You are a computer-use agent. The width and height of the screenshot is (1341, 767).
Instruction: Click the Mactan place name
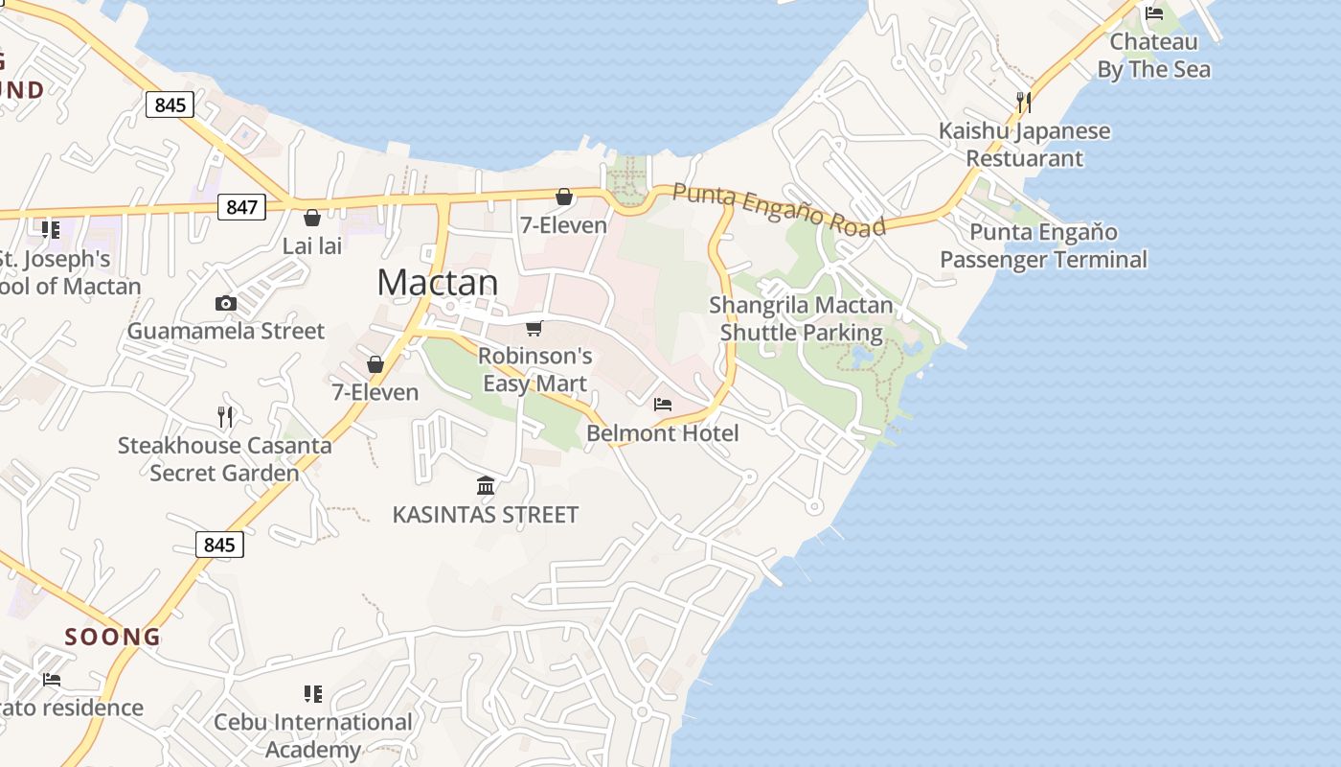click(437, 283)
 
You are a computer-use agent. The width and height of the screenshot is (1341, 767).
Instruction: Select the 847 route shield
click(240, 206)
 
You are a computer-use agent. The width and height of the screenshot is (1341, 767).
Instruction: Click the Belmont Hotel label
click(663, 433)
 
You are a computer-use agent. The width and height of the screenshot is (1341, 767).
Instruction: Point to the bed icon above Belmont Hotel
click(663, 405)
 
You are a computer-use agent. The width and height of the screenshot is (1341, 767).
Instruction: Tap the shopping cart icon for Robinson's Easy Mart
click(534, 329)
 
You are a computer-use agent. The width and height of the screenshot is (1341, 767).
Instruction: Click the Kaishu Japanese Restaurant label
click(1024, 145)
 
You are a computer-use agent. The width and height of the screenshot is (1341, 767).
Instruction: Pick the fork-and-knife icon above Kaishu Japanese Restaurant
click(1024, 102)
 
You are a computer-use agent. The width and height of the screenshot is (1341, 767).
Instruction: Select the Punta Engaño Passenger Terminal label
click(1043, 245)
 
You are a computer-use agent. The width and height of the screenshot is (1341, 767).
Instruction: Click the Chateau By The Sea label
click(1153, 56)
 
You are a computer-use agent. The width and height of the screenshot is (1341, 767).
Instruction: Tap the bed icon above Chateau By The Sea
click(1154, 13)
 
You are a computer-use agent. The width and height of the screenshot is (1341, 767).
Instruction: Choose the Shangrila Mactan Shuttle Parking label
click(801, 319)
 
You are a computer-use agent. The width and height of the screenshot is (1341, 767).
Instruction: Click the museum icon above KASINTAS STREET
click(486, 486)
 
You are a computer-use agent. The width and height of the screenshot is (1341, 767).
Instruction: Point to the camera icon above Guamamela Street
click(226, 304)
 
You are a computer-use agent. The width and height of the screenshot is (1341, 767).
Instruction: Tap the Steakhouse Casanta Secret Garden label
click(224, 459)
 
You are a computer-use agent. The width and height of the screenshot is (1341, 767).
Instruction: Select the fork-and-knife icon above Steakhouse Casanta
click(225, 416)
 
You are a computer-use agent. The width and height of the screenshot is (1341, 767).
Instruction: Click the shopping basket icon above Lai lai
click(312, 218)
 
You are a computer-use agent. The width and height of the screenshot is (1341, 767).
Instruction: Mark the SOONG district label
click(113, 637)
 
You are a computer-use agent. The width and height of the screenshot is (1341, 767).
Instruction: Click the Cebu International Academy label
click(313, 735)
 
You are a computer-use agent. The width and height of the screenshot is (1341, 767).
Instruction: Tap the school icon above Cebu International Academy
click(313, 693)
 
